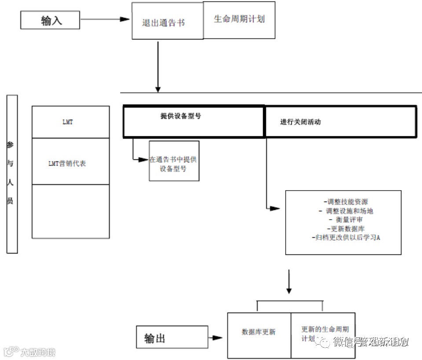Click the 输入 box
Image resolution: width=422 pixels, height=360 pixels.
point(51,20)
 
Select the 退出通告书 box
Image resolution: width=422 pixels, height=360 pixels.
point(167,21)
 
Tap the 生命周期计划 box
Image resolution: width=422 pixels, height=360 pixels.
point(239,20)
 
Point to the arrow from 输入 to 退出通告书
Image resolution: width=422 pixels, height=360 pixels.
point(106,19)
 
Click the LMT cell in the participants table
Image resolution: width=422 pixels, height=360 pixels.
point(70,122)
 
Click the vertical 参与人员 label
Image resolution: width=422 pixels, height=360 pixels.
point(12,174)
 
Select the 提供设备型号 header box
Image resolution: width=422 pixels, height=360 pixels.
point(194,121)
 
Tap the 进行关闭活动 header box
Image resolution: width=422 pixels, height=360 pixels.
point(341,121)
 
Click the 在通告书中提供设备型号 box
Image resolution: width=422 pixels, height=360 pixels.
point(174,161)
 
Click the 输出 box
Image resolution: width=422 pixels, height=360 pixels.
point(172,338)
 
